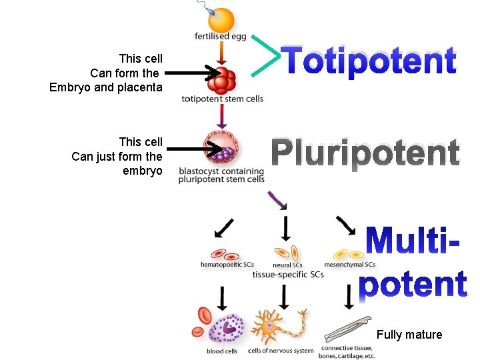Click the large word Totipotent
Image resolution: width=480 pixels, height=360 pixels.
[369, 61]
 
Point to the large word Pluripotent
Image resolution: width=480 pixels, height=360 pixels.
[365, 153]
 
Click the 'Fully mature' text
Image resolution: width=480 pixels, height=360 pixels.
[409, 335]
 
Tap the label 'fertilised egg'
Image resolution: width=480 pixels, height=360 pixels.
[221, 37]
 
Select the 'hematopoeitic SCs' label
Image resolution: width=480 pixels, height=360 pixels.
[227, 265]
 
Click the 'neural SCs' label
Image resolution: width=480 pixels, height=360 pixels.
[287, 265]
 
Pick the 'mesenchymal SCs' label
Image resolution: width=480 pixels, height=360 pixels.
[349, 265]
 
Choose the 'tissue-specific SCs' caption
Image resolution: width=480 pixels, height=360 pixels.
[288, 275]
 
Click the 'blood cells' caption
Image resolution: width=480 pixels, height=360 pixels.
[221, 351]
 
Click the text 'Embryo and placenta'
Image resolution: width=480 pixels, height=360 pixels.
[105, 87]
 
